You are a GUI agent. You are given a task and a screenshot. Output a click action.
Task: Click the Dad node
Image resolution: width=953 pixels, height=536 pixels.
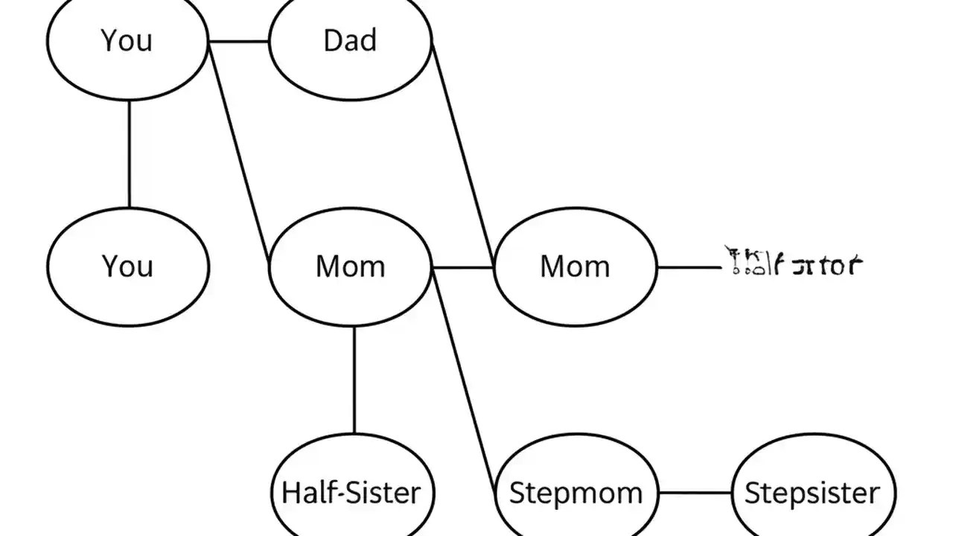point(350,41)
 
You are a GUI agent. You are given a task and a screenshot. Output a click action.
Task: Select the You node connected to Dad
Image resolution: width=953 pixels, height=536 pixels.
point(127,41)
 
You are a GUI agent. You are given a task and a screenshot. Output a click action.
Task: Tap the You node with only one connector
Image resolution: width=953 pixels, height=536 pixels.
point(127,266)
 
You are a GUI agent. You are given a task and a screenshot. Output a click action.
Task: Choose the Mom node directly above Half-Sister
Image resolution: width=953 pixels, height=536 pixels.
point(350,266)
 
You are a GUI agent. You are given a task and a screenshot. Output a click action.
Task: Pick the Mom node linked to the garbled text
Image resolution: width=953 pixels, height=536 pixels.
point(575,266)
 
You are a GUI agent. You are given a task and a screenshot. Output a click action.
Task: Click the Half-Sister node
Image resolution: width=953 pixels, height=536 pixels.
point(351,492)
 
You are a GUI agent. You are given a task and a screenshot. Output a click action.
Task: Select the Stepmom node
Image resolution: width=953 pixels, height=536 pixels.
point(576,492)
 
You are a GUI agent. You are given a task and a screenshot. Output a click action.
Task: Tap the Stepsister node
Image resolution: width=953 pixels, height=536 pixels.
point(812,492)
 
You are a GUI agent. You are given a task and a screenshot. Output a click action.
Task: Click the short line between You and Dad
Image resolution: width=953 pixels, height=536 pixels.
point(239,41)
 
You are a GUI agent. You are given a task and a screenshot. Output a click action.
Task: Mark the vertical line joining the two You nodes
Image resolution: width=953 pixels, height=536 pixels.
point(129,153)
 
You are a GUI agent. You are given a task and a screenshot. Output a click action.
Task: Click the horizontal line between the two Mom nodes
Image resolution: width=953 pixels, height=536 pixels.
point(463,267)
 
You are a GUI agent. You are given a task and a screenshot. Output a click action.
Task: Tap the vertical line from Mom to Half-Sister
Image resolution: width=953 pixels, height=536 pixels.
point(354,380)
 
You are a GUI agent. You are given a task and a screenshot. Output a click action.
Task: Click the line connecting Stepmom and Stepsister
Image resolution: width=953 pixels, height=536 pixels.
point(695,492)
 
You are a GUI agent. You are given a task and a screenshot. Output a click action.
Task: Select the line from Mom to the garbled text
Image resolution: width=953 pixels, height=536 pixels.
point(689,267)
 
